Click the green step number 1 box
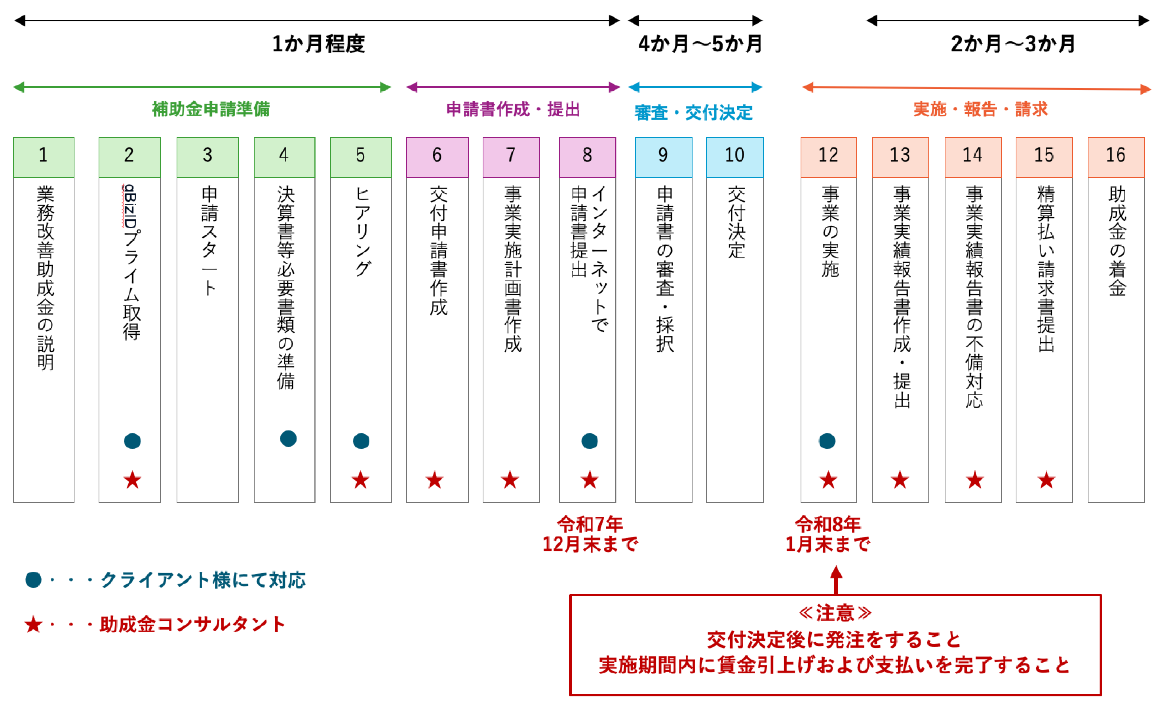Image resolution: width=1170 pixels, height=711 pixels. pos(44,157)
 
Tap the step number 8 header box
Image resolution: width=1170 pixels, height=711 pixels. pos(587,157)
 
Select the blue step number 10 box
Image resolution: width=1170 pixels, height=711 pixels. pos(734,157)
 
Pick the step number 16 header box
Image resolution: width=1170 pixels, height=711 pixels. pos(1116,157)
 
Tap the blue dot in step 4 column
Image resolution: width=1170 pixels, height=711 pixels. pos(288,438)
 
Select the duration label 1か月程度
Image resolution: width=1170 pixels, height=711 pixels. pos(318,44)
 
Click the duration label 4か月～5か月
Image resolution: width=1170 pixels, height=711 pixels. pos(700,44)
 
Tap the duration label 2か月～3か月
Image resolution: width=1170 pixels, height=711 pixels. pos(1013,44)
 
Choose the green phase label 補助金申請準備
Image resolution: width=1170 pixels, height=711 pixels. pos(211,109)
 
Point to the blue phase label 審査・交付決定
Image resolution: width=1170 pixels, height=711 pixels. pos(694,113)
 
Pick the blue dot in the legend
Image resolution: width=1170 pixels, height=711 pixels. pos(33,580)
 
